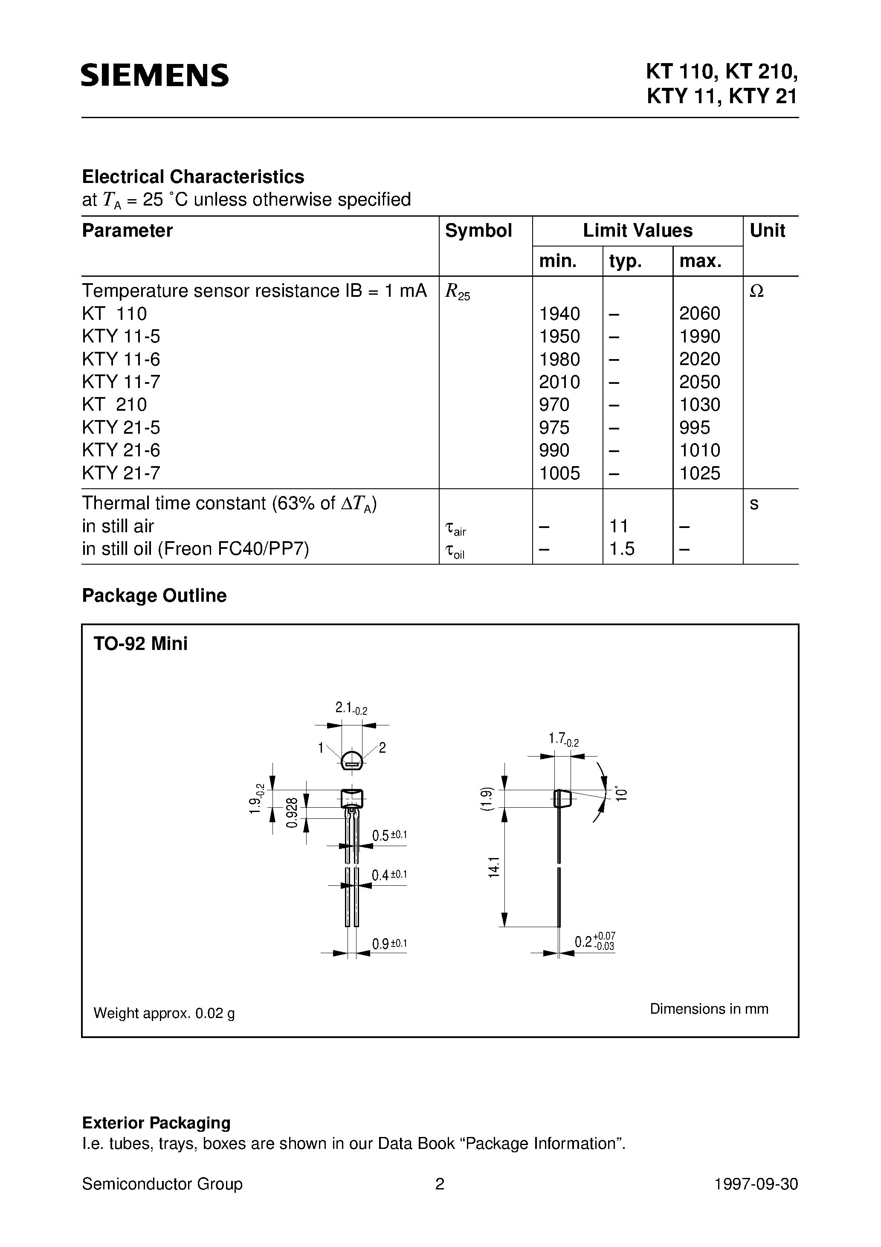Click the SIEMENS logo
155,75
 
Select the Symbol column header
478,231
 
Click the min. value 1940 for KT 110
559,313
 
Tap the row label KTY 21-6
121,450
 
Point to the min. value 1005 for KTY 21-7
559,473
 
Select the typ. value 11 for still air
619,526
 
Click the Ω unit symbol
756,292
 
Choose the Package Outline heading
154,596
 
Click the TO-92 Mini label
141,644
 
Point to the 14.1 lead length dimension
493,867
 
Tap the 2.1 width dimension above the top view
351,708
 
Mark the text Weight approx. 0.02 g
164,1013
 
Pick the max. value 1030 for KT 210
700,405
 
